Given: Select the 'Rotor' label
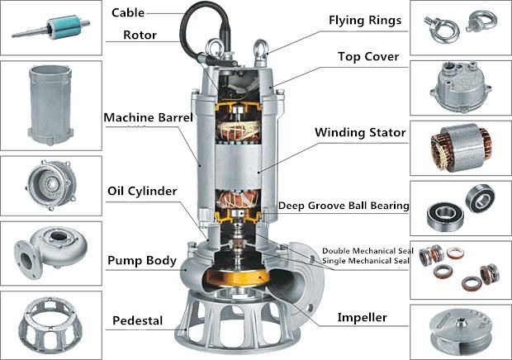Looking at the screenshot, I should coord(140,35).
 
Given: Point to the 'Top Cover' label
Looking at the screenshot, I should coord(368,57).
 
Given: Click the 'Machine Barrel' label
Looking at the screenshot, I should coord(148,117).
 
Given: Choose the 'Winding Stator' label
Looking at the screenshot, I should coord(360,131).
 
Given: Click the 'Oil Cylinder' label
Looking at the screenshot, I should coord(142,192).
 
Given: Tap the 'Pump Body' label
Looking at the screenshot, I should coord(141,261).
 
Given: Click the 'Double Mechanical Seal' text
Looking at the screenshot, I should coord(365,251).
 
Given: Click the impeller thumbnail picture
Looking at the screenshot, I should coord(460,329).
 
